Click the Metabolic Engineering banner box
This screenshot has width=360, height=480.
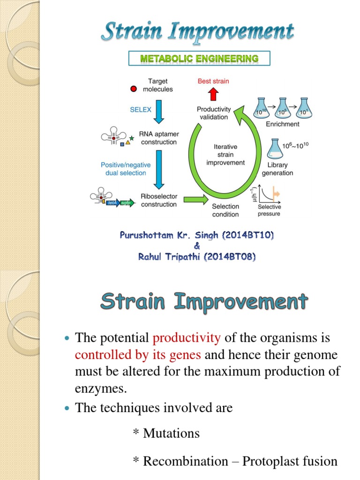(199, 59)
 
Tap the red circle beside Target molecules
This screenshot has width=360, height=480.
(134, 89)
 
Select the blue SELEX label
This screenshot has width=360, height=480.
(141, 109)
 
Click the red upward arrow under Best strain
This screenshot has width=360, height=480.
(213, 94)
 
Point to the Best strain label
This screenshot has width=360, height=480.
(213, 81)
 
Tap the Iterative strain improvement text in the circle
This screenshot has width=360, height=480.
(225, 155)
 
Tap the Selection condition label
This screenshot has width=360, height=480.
(225, 210)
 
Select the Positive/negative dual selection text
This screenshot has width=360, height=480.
(126, 169)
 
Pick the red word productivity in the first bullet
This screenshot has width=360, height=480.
(187, 337)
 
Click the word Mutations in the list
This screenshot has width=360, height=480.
(171, 433)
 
